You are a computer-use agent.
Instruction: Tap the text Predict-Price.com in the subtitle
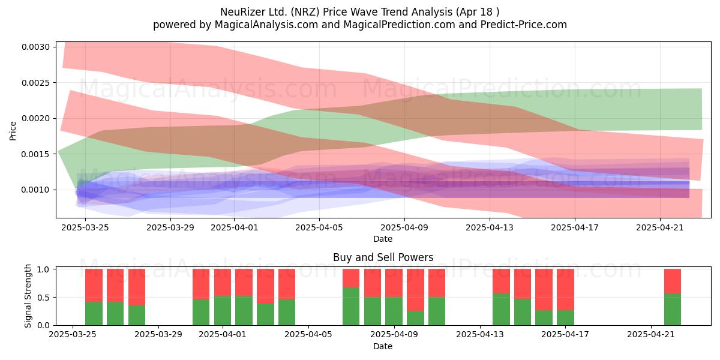click(524, 25)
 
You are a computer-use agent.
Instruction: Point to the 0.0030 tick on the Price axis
click(35, 47)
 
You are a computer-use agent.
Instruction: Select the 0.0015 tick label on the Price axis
click(35, 154)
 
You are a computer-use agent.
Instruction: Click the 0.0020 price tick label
click(35, 119)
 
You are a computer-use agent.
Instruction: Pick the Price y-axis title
click(13, 131)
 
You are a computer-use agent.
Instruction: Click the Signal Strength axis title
click(28, 296)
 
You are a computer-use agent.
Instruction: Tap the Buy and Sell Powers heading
click(383, 257)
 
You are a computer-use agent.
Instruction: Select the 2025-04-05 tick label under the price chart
click(319, 227)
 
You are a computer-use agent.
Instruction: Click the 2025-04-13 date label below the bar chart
click(480, 335)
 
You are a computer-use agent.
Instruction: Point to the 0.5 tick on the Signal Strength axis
click(44, 298)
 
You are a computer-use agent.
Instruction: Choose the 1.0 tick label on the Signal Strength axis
click(44, 269)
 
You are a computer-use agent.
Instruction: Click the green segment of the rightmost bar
click(673, 309)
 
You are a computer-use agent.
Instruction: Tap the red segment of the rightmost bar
click(673, 281)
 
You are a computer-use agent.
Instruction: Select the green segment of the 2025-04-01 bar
click(223, 311)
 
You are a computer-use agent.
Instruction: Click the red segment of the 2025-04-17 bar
click(565, 290)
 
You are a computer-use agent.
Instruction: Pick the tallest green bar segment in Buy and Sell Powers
click(351, 307)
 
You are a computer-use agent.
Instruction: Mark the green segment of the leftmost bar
click(94, 313)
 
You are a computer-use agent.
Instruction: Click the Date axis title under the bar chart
click(383, 346)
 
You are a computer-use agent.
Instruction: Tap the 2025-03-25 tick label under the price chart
click(85, 227)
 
